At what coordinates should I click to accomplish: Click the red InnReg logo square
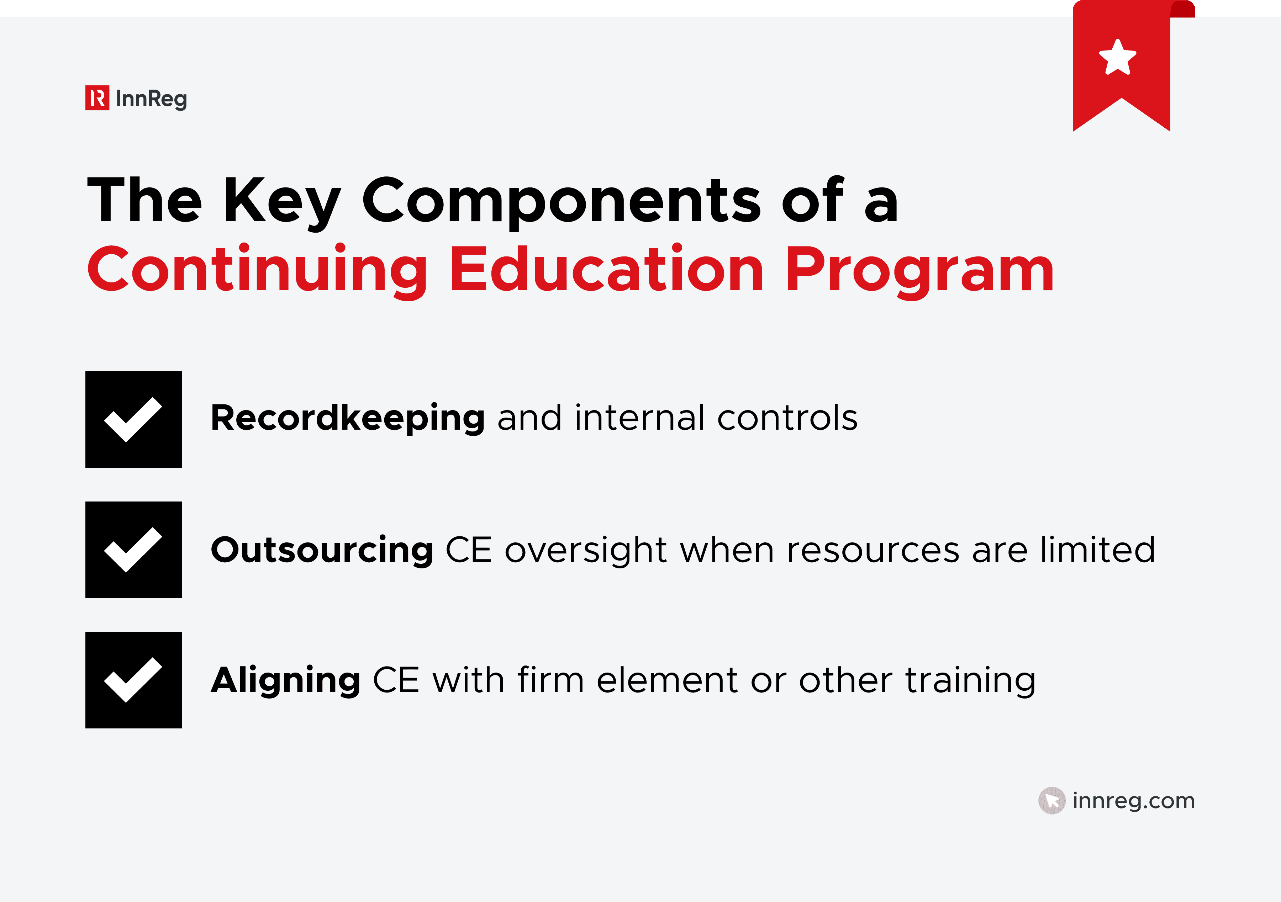point(97,98)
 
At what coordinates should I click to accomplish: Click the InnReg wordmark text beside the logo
point(151,99)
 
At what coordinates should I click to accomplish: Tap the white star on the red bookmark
point(1118,58)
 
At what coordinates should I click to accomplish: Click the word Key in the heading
point(282,201)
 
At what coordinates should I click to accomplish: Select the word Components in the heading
point(561,201)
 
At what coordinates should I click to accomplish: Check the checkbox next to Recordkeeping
point(134,419)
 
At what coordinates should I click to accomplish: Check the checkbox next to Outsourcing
point(134,550)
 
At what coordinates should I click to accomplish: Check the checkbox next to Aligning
point(134,680)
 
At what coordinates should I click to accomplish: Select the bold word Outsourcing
point(322,550)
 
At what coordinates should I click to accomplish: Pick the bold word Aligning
point(286,680)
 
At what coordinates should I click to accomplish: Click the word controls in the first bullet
point(787,418)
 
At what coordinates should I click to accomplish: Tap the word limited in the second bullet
point(1097,550)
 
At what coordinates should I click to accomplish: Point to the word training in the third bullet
point(970,680)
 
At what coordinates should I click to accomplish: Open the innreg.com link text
point(1133,801)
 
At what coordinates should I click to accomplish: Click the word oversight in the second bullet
point(586,550)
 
